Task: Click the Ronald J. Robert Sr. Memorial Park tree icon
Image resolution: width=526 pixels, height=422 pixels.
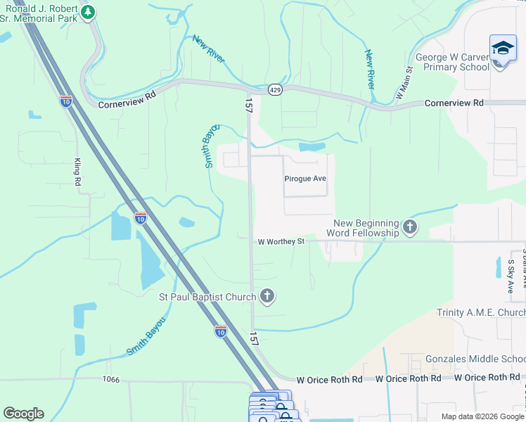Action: pos(88,12)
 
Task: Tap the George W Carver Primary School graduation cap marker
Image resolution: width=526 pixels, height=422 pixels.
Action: pos(502,49)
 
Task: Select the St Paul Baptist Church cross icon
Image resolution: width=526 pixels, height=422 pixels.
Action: pos(267,297)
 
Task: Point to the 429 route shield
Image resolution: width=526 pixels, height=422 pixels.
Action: pos(275,90)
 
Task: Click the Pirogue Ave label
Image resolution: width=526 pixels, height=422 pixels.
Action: pos(305,179)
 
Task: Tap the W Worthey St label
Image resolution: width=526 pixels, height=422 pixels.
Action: pos(281,241)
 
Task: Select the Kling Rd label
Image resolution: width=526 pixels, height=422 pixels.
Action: pos(77,172)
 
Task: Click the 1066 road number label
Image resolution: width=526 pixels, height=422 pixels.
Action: pos(110,380)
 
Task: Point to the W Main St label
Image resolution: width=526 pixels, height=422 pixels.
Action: pos(404,82)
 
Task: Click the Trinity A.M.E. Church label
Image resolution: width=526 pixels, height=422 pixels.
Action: pos(480,312)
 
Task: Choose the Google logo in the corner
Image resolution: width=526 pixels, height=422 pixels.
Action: pos(23,414)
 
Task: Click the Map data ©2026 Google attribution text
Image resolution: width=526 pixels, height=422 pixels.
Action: pos(482,416)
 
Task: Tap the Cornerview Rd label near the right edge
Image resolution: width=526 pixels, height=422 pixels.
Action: pos(454,103)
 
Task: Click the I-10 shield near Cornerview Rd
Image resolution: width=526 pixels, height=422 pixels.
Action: pos(66,101)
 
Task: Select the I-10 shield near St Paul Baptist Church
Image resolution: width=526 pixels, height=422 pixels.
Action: pos(221,331)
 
